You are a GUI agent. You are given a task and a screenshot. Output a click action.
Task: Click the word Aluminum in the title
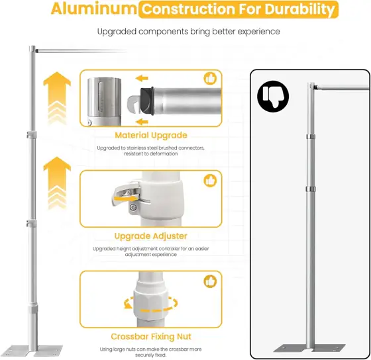[x=94, y=9]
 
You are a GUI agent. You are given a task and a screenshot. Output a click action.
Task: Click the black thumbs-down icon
[x=273, y=97]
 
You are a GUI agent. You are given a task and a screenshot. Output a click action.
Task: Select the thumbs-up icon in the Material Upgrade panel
[x=210, y=79]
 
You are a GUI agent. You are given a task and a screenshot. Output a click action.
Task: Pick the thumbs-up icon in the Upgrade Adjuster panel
[x=210, y=181]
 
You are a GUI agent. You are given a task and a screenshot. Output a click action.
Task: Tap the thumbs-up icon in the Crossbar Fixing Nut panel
[x=210, y=281]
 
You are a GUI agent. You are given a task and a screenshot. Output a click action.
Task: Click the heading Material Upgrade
[x=151, y=136]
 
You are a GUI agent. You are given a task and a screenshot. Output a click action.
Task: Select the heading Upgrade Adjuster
[x=151, y=236]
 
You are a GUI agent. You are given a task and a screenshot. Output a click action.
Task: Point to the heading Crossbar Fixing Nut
[x=151, y=337]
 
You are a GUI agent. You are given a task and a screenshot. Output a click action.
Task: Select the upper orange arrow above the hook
[x=142, y=78]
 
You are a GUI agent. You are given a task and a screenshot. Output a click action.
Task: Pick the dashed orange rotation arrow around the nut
[x=151, y=304]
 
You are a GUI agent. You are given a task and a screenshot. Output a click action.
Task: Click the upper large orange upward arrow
[x=57, y=98]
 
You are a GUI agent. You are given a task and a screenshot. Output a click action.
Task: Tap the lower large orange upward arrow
[x=57, y=183]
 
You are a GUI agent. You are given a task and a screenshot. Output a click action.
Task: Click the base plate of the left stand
[x=32, y=350]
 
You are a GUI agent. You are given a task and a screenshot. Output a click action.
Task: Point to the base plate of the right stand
[x=309, y=348]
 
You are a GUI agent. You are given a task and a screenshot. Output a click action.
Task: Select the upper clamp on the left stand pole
[x=32, y=135]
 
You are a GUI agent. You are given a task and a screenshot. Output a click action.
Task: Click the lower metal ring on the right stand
[x=311, y=189]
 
